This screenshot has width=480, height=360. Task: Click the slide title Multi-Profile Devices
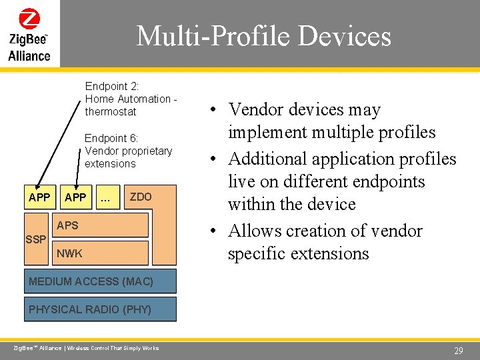click(x=263, y=36)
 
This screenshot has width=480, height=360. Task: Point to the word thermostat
click(x=110, y=111)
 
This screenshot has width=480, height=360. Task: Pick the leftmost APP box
click(x=39, y=197)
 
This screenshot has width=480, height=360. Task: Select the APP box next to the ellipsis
click(x=75, y=197)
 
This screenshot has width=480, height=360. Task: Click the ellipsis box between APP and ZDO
click(x=105, y=198)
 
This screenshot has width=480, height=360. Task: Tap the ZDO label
click(x=141, y=197)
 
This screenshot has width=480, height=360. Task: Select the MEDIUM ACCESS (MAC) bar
click(x=100, y=281)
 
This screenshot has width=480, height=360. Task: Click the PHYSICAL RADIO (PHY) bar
click(x=100, y=309)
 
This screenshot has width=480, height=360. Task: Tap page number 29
click(x=458, y=351)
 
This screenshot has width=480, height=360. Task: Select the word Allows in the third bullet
click(x=256, y=231)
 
